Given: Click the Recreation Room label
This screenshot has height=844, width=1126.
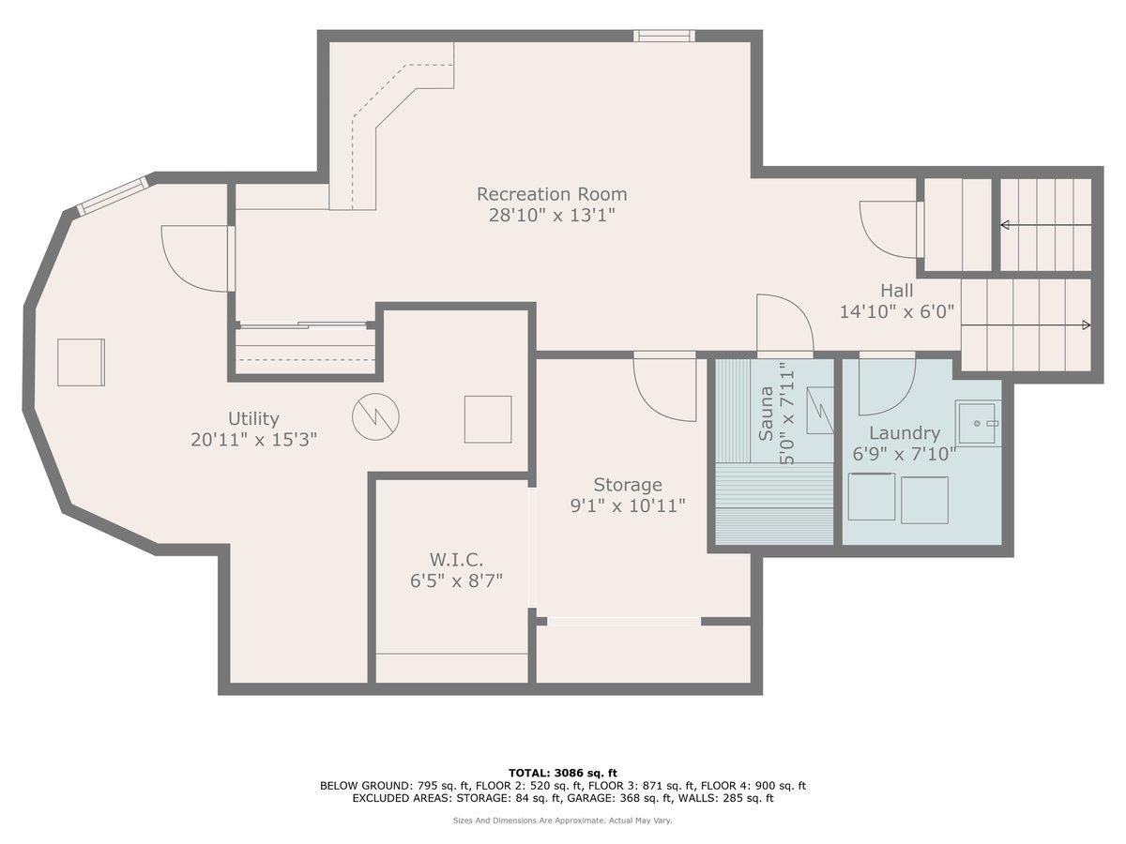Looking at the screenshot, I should pos(552,194).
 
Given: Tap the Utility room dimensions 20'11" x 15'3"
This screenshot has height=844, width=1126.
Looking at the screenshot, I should pos(253,440).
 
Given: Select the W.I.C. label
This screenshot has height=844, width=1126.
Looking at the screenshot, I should pos(447,560).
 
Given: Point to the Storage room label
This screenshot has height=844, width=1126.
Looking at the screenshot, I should pos(628,485).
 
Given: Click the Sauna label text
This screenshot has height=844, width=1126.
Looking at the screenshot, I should pos(767,413).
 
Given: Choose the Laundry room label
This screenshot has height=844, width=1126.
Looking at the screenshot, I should pos(904,433).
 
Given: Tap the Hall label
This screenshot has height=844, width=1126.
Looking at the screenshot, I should pos(896,291).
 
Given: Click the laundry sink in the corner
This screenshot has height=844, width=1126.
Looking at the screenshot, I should pos(978,424).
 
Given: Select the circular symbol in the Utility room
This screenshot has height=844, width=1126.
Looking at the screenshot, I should pos(375,415).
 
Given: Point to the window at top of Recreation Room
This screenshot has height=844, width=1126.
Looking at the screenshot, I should pos(664,36).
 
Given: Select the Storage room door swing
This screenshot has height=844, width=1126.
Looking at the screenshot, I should pos(664,388).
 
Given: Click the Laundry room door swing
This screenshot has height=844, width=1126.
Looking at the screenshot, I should pos(887,385).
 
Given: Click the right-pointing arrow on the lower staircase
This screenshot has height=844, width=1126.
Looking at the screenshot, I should pos(1085,325).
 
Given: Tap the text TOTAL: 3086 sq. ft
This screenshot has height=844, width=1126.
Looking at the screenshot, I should pos(563,773).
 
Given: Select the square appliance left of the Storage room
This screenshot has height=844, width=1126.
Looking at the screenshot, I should pos(488,419).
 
